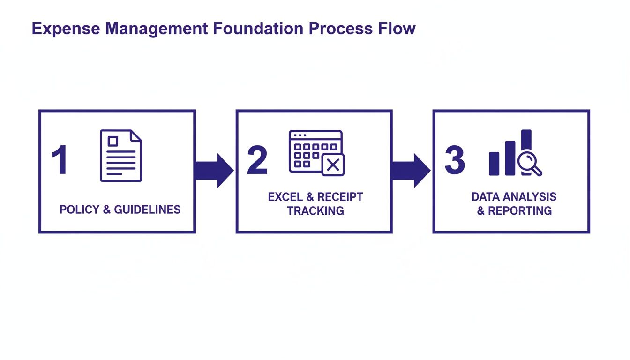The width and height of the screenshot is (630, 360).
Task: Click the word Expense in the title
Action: [x=65, y=29]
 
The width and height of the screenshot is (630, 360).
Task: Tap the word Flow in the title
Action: [x=397, y=29]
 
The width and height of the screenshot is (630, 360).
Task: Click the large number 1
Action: [x=60, y=160]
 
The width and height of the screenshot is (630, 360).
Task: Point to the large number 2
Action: [x=257, y=160]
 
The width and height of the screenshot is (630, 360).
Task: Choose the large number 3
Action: [x=454, y=160]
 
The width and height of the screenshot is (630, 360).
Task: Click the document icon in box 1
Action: [x=120, y=156]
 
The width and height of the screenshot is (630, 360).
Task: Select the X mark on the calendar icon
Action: [x=333, y=165]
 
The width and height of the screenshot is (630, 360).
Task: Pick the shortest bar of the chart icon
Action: [x=494, y=163]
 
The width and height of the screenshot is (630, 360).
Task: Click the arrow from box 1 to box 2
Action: [x=213, y=170]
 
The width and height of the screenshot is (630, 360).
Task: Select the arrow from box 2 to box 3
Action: [x=410, y=170]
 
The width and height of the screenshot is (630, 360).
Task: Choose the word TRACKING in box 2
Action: [x=315, y=211]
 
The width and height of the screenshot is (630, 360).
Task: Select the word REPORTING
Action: [x=520, y=211]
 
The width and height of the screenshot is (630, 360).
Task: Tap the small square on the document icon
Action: [x=113, y=141]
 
